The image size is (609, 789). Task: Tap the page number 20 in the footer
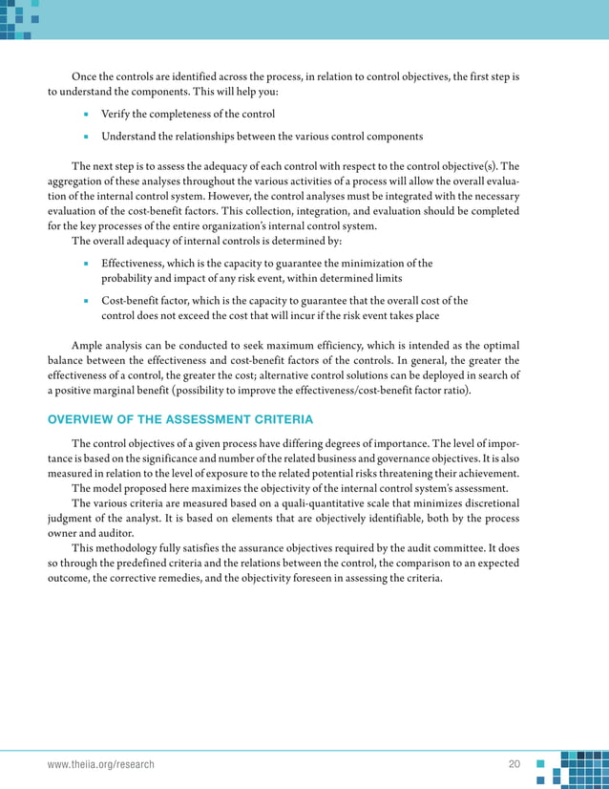click(514, 765)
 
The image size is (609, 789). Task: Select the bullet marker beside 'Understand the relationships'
click(86, 137)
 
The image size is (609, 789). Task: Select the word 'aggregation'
click(79, 181)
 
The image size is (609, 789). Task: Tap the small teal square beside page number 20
click(540, 764)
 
